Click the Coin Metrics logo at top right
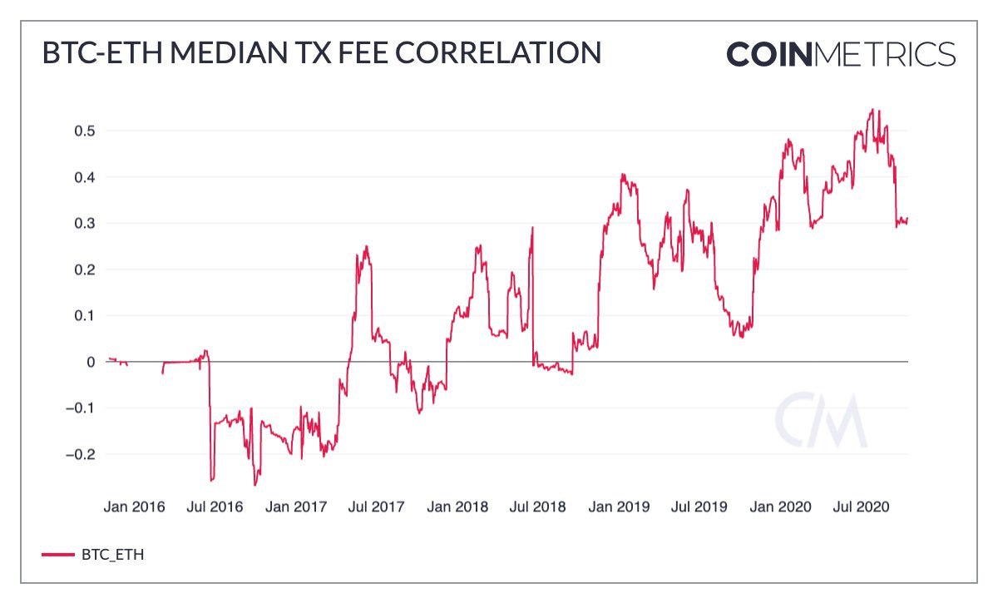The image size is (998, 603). [x=841, y=55]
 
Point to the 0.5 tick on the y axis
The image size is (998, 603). [x=86, y=131]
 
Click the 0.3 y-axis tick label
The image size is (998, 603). [x=86, y=224]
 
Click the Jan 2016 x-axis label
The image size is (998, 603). [x=135, y=507]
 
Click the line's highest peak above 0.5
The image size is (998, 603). [x=871, y=109]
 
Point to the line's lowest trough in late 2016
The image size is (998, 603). [x=255, y=485]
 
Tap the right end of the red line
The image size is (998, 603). [x=907, y=219]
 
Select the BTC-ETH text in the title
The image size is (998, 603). [x=91, y=52]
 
